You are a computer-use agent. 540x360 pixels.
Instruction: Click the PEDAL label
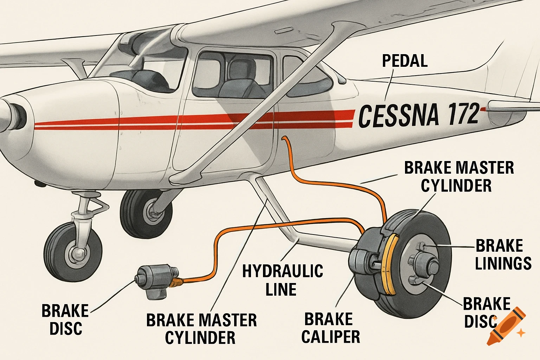click(405, 61)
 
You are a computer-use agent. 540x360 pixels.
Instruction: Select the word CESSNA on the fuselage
click(398, 116)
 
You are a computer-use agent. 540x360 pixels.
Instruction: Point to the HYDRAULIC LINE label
click(282, 280)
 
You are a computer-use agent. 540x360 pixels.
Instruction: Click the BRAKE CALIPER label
click(330, 328)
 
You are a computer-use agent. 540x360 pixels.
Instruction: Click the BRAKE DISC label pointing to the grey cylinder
click(65, 319)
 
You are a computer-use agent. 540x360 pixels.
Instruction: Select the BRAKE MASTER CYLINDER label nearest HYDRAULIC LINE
click(201, 329)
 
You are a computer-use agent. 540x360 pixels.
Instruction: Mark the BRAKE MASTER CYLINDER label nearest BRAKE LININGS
click(458, 176)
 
